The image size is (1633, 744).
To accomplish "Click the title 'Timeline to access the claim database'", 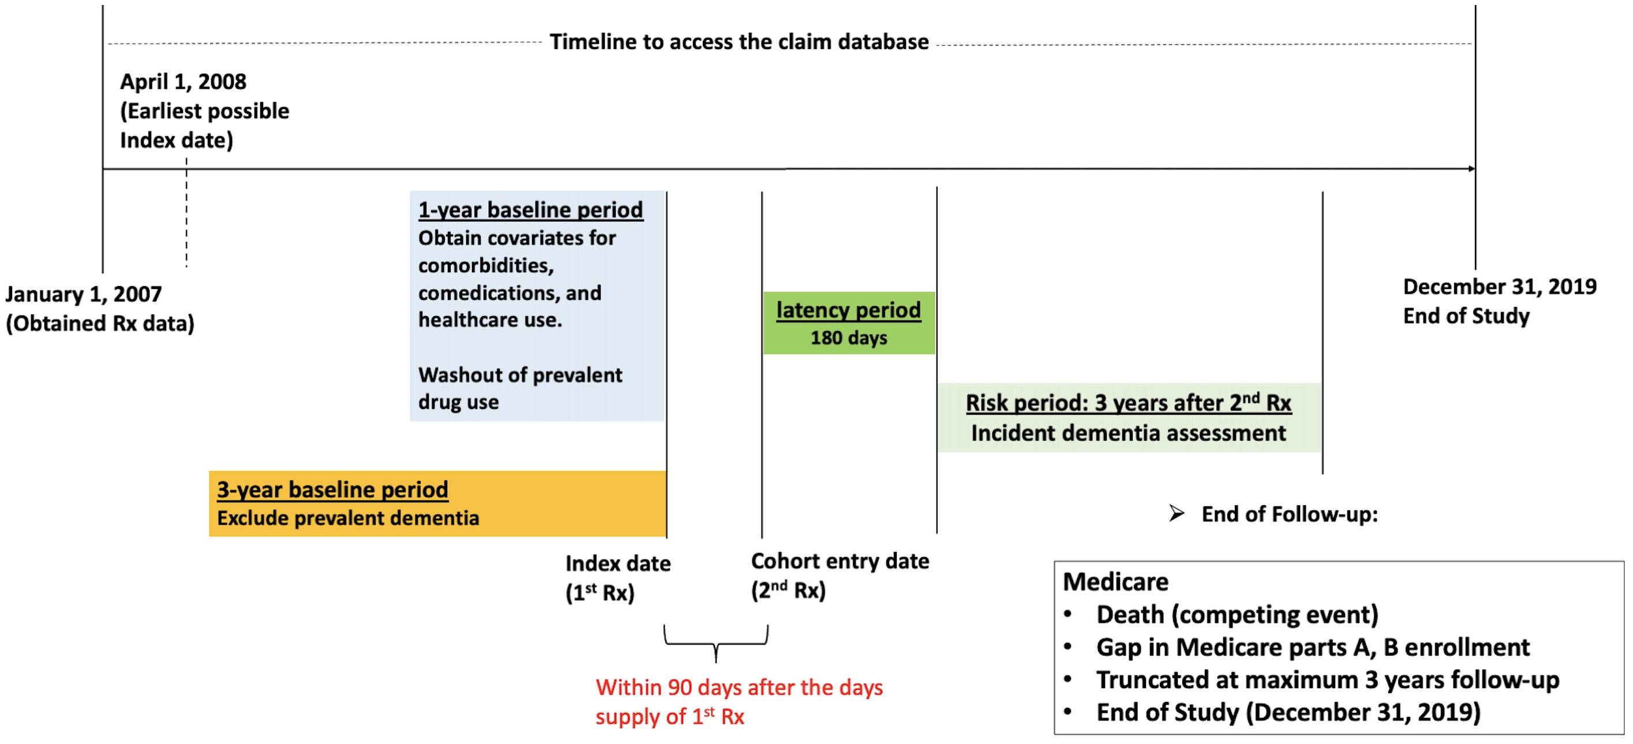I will tap(739, 42).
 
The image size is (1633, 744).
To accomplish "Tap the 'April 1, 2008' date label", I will tap(182, 82).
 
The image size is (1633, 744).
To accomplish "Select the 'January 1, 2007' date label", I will tap(83, 295).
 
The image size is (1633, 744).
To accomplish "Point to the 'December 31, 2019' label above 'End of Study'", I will tap(1499, 287).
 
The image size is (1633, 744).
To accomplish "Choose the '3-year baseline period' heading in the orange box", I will tap(332, 490).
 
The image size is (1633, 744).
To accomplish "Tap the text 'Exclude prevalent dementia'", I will tap(347, 519).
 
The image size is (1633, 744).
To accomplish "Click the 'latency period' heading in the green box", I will tap(848, 310).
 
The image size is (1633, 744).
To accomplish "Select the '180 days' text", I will tap(848, 339).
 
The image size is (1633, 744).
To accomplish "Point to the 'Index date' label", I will tap(617, 564).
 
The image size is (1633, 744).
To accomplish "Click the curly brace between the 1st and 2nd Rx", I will tap(716, 643).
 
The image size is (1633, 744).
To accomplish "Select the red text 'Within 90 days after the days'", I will tap(739, 688).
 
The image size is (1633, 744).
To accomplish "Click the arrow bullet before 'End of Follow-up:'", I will tap(1177, 514).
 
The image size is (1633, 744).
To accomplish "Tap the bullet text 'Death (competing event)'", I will tap(1237, 615).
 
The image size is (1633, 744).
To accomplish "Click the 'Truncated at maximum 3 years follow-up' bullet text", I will tap(1327, 681).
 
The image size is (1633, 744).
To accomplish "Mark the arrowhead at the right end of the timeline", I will tap(1471, 169).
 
